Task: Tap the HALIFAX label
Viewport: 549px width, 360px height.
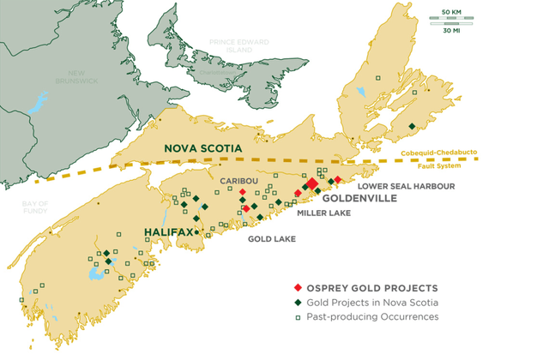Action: (x=167, y=231)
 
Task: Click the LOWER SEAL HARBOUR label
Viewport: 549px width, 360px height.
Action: (x=405, y=185)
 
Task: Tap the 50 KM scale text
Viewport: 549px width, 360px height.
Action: (x=452, y=10)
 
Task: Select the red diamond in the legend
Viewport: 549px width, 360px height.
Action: (x=297, y=287)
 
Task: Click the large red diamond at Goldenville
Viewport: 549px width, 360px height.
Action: (x=312, y=183)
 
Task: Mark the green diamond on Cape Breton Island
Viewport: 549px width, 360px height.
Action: (x=412, y=127)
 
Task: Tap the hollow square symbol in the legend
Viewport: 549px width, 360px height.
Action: (x=297, y=316)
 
